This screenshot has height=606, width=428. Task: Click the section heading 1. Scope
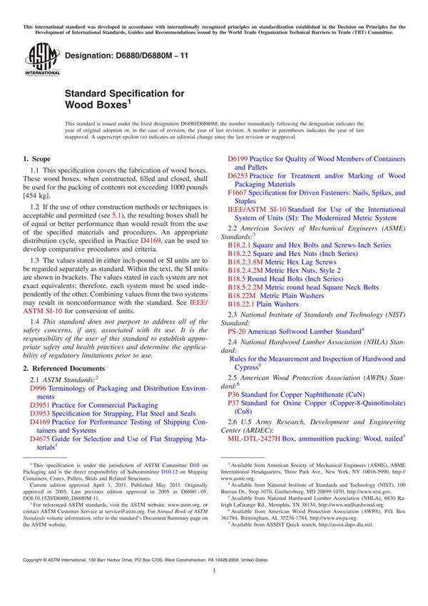pyautogui.click(x=36, y=158)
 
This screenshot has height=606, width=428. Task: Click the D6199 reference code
pyautogui.click(x=237, y=158)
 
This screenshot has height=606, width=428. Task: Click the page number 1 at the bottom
pyautogui.click(x=214, y=590)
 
